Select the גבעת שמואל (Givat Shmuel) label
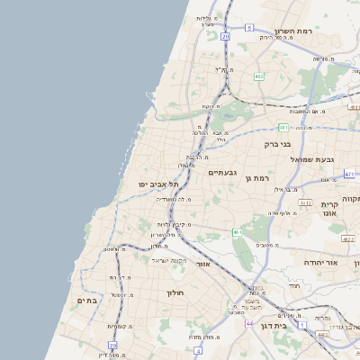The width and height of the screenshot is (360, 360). (312, 159)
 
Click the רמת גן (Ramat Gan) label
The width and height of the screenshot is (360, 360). (258, 178)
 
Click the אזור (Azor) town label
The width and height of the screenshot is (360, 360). (203, 265)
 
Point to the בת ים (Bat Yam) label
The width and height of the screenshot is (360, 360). (88, 301)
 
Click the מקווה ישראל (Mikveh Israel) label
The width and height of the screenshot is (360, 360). (167, 260)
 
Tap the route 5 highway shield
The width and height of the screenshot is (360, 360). (247, 4)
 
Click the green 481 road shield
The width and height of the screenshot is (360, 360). (283, 127)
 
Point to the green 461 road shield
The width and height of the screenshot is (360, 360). (237, 233)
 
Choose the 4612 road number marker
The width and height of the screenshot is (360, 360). (305, 202)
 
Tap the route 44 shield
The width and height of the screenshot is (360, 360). (249, 323)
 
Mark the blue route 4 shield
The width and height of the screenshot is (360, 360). (302, 323)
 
